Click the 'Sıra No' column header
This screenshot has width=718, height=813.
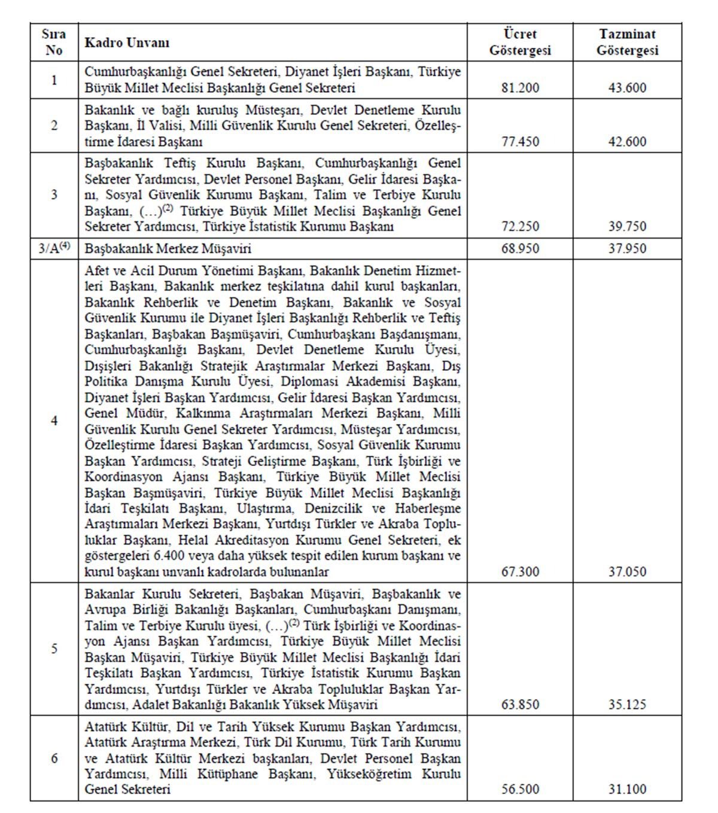[54, 42]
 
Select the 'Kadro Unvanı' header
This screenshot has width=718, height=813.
[127, 42]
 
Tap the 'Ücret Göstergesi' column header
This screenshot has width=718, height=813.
[519, 42]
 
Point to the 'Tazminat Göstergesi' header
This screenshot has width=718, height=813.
[627, 42]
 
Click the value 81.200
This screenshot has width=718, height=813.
[520, 88]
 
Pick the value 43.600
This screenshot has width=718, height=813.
[627, 88]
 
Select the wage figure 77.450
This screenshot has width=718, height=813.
[520, 142]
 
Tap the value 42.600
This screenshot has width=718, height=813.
[627, 142]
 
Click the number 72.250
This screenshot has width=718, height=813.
[520, 227]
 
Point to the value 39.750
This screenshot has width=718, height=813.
[627, 227]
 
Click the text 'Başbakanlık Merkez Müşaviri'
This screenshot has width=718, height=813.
[168, 248]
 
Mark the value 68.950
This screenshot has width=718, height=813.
[520, 248]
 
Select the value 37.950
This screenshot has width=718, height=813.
[627, 248]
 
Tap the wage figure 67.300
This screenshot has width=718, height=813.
[520, 572]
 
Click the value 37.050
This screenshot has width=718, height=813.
[627, 572]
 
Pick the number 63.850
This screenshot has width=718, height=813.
[520, 705]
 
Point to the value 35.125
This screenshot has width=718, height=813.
[627, 705]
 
